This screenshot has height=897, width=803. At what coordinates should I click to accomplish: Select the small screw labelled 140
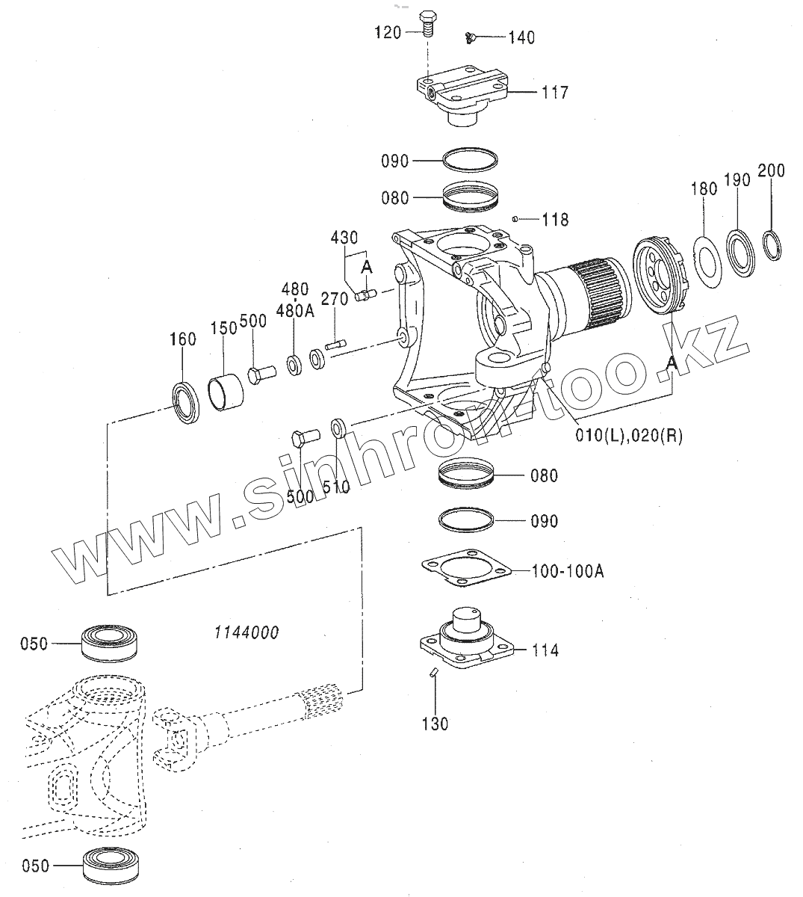coord(471,35)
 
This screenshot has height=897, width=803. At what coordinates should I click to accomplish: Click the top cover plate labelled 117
coord(460,94)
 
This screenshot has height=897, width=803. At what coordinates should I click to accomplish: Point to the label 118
coord(556,220)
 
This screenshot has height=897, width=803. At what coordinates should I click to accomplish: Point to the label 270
coord(334,300)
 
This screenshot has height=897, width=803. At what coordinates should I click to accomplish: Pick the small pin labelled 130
coord(434,674)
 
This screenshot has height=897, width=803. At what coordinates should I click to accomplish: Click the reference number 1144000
coord(246,632)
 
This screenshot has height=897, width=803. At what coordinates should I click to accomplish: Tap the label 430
coord(344,238)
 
